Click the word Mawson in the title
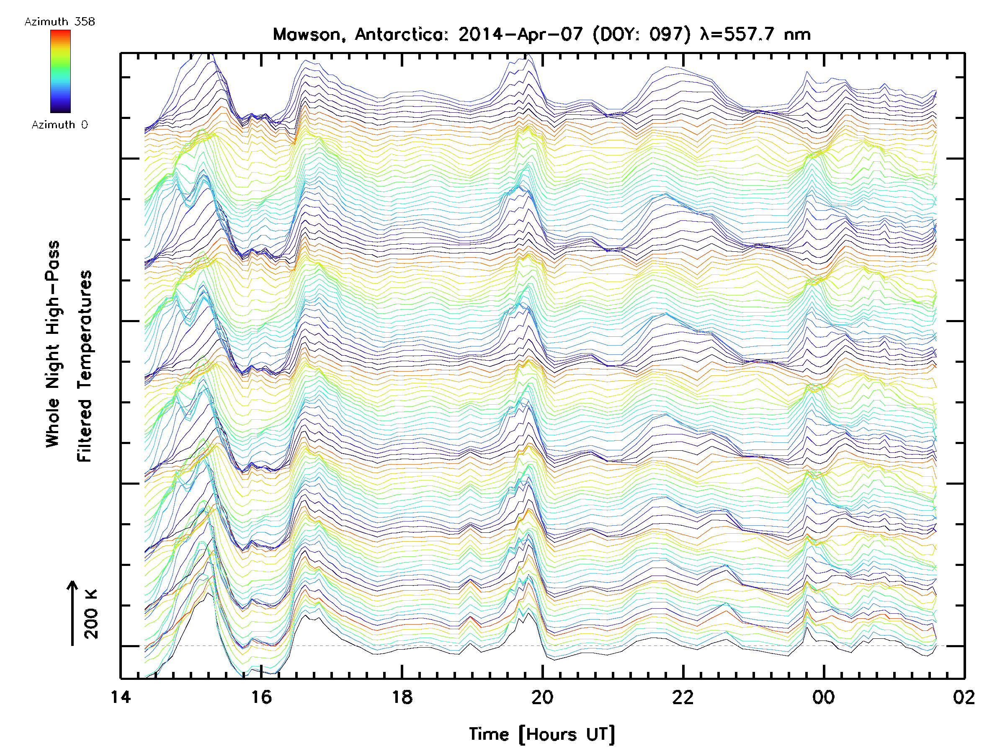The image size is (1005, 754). (x=306, y=34)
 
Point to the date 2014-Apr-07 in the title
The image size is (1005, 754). (x=520, y=34)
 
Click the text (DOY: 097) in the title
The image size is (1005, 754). (x=641, y=34)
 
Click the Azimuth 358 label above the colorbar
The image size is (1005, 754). (x=59, y=22)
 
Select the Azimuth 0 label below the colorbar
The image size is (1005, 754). (x=59, y=125)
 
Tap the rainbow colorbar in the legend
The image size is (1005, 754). (x=60, y=71)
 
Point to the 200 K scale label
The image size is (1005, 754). (x=91, y=614)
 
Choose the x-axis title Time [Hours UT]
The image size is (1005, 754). (x=541, y=734)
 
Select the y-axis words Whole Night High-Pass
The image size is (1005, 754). (x=53, y=344)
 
